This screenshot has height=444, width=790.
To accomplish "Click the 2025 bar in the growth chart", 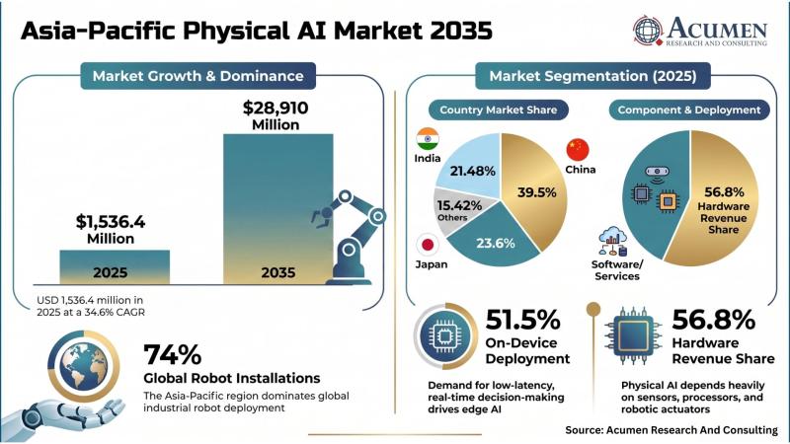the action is [115, 266].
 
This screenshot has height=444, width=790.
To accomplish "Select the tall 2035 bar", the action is [278, 209].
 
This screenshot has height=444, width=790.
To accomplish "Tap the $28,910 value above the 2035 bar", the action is [276, 108].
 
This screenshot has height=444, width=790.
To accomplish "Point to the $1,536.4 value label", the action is [111, 221].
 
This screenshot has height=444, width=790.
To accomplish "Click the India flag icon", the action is [428, 139].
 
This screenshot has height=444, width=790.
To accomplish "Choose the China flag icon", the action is [578, 150].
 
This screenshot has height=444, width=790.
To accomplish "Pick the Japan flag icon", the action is [428, 245].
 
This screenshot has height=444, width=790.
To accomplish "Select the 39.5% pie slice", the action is [534, 191].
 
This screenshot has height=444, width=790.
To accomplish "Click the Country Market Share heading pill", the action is [499, 110].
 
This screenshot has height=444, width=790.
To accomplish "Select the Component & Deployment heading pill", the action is [689, 110].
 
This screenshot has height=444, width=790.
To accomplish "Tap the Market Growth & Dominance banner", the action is [198, 76].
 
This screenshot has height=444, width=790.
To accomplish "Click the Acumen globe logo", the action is [648, 31].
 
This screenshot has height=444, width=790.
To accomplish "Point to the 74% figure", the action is [172, 354].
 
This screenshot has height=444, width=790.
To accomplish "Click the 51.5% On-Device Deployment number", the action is [522, 320].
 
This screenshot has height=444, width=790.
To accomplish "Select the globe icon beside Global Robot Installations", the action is [83, 365].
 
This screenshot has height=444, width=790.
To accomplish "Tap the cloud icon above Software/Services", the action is [612, 235].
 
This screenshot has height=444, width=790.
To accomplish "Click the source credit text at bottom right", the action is [671, 430].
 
